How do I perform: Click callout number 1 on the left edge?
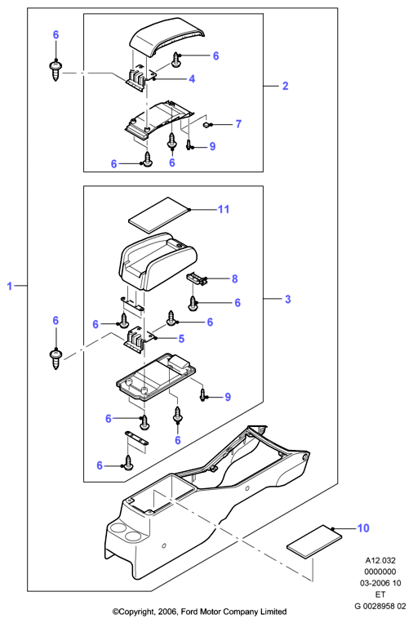coord(10,286)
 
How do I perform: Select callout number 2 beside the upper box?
coord(285,86)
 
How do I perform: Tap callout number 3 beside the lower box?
coord(288,299)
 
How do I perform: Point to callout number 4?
coord(192,78)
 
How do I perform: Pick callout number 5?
coord(181,339)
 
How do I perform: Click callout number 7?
coord(238,124)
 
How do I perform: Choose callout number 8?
coord(235,279)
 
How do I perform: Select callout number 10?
coord(363,528)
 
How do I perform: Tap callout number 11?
coord(224,209)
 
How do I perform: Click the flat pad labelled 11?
coord(159,215)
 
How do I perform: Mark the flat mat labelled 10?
coord(314,541)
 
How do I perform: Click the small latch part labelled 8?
coord(198,278)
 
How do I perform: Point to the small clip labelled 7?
coord(206,125)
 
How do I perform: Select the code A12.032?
coord(380,561)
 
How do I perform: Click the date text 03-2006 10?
coord(380,583)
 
